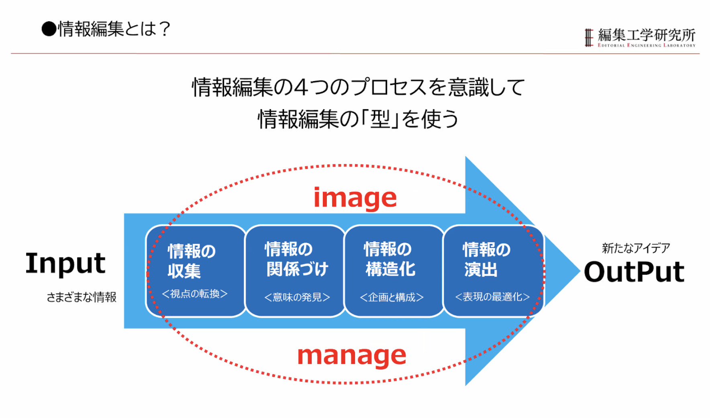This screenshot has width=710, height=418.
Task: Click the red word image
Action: [x=355, y=198]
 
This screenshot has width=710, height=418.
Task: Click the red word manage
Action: [x=351, y=356]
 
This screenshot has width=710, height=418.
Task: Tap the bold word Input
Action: [x=65, y=264]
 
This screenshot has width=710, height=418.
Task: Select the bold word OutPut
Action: [x=634, y=272]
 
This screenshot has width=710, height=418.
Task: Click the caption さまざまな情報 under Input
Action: [x=82, y=297]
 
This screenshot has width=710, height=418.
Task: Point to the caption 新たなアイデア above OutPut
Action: [x=636, y=248]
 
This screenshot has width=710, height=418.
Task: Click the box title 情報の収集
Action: [x=191, y=261]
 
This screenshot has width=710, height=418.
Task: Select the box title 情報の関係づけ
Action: [x=296, y=259]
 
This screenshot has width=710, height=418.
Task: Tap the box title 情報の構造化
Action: [x=389, y=259]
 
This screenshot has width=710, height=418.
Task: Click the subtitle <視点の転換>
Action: [x=195, y=294]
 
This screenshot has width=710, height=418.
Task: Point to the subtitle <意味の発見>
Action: [x=297, y=297]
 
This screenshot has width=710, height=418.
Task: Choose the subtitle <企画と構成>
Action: [x=392, y=297]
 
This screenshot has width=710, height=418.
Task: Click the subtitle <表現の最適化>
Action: [x=492, y=297]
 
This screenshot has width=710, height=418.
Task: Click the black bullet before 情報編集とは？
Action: [x=49, y=29]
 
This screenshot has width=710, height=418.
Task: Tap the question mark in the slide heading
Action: [x=164, y=29]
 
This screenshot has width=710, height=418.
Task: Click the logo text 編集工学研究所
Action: [x=647, y=35]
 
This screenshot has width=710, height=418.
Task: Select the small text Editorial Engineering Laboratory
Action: [x=646, y=45]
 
